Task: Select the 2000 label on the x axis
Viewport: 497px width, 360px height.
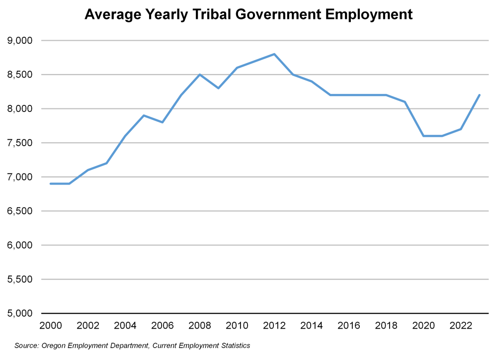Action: [x=51, y=326]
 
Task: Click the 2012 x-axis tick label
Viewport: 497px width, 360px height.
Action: [x=274, y=326]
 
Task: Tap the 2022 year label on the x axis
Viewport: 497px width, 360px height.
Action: [x=461, y=326]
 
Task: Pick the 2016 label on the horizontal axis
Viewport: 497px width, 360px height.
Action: [x=349, y=326]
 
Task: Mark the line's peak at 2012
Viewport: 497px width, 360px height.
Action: [x=274, y=54]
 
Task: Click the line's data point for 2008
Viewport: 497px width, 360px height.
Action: [x=200, y=75]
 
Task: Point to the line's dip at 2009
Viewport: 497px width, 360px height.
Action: [x=218, y=88]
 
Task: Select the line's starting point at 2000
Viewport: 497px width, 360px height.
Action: [x=51, y=183]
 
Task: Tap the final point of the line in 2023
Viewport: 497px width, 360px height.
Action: [x=479, y=95]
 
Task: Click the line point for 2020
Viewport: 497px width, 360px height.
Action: [x=423, y=136]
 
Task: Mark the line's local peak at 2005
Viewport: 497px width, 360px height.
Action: [x=144, y=115]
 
